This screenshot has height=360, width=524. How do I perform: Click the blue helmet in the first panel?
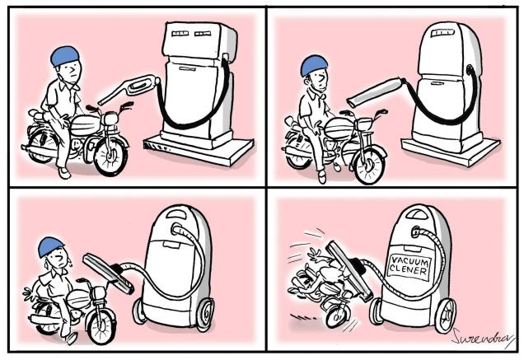tap(65, 56)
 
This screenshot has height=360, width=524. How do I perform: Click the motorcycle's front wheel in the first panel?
tap(110, 156)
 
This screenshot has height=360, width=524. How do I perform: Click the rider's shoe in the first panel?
tap(64, 173)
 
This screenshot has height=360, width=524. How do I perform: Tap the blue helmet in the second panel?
tap(314, 66)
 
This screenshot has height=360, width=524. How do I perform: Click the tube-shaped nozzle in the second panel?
tap(376, 91)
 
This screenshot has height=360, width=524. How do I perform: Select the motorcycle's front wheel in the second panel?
tap(369, 166)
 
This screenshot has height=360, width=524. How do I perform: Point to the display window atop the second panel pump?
tap(442, 33)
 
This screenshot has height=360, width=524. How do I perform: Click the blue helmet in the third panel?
tap(50, 246)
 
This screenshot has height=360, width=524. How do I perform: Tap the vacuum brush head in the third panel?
tap(108, 274)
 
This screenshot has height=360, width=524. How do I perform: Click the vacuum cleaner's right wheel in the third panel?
tap(204, 314)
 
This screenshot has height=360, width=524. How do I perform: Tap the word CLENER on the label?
tap(409, 269)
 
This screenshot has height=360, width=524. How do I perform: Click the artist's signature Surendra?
tap(482, 337)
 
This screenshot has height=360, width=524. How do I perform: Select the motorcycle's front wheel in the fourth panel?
tap(338, 315)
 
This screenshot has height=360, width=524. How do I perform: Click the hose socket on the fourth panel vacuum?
tap(416, 231)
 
